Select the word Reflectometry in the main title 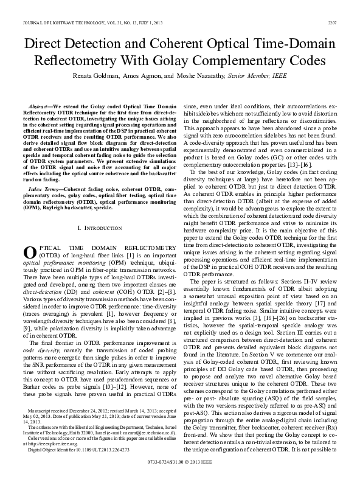[76, 61]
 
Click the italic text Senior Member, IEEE [250, 78]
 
